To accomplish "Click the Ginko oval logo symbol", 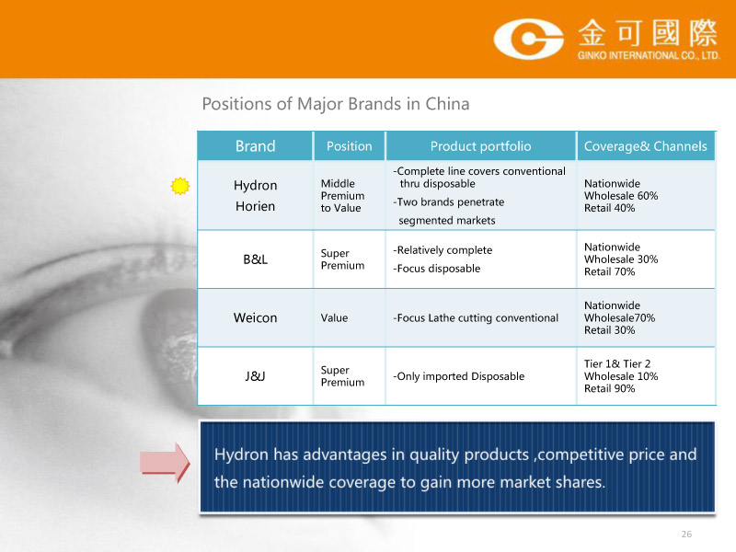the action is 528,39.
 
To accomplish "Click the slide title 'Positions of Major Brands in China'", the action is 336,104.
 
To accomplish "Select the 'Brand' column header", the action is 256,146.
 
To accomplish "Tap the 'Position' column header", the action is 350,146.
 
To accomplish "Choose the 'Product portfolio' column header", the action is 480,146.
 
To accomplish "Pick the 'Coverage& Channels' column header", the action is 646,146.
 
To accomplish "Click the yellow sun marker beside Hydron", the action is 180,186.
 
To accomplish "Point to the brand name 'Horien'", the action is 256,206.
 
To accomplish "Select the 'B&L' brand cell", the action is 256,259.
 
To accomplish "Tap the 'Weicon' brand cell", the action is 256,317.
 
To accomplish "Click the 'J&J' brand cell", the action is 256,376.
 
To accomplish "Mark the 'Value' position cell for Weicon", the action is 334,317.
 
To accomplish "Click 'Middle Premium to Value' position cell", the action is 342,196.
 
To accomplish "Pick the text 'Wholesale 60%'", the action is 621,196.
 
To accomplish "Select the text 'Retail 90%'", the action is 609,388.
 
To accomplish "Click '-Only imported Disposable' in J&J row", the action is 458,376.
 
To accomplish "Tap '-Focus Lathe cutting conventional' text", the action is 476,317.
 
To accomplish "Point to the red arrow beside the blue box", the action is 165,463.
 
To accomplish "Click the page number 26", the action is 686,534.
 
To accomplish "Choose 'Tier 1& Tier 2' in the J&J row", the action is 617,363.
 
